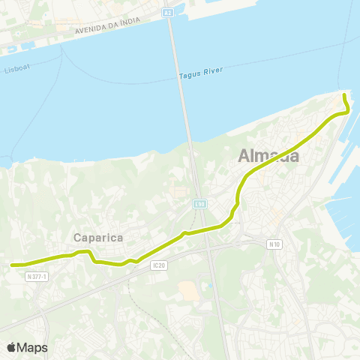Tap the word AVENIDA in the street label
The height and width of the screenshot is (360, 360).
click(x=91, y=31)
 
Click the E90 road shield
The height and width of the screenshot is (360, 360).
click(x=198, y=203)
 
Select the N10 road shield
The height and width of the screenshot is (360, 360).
click(x=274, y=244)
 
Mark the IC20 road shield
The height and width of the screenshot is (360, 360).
click(x=157, y=265)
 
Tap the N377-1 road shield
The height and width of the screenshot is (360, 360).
click(x=36, y=276)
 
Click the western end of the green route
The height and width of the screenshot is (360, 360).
click(x=11, y=265)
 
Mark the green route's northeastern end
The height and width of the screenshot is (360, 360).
click(x=343, y=95)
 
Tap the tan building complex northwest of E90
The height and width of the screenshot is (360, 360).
click(x=178, y=192)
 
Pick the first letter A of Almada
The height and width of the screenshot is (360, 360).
click(x=244, y=157)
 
